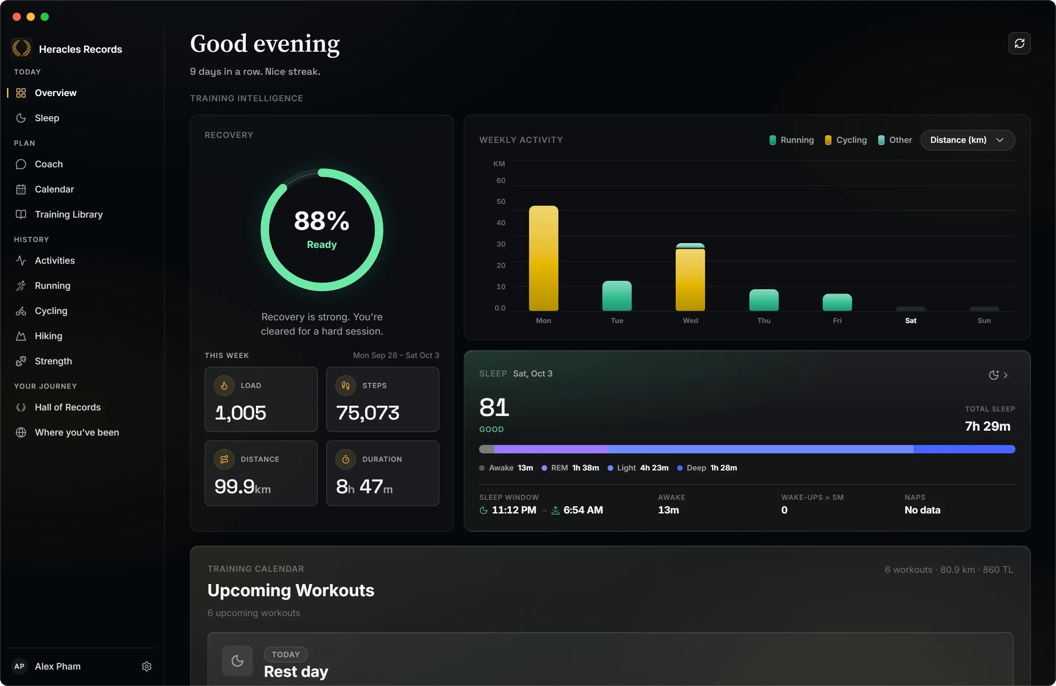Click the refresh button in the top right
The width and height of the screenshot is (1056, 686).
(x=1019, y=43)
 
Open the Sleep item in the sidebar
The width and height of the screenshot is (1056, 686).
(x=46, y=118)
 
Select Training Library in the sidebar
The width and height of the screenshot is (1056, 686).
(x=68, y=214)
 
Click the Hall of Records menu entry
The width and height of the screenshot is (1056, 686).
(x=67, y=407)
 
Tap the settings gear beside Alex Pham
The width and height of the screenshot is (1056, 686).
(x=146, y=666)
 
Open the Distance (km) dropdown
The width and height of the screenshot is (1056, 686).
(x=967, y=140)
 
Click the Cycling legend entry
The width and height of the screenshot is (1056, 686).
(x=846, y=140)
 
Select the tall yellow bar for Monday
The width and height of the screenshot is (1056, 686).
(x=543, y=258)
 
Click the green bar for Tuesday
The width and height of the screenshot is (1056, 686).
(x=617, y=296)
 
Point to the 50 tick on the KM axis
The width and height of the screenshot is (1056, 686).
(x=501, y=202)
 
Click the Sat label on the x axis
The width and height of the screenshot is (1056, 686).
(x=910, y=320)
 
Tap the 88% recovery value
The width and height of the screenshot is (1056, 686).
(x=322, y=221)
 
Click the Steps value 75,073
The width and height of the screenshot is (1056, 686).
(x=368, y=413)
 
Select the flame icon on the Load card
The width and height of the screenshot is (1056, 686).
(x=224, y=386)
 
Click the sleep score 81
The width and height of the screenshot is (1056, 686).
(x=494, y=407)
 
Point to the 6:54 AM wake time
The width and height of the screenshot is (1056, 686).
(x=583, y=510)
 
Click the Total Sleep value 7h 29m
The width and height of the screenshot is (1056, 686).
(x=988, y=426)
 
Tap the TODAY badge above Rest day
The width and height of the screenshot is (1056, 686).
(x=286, y=655)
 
